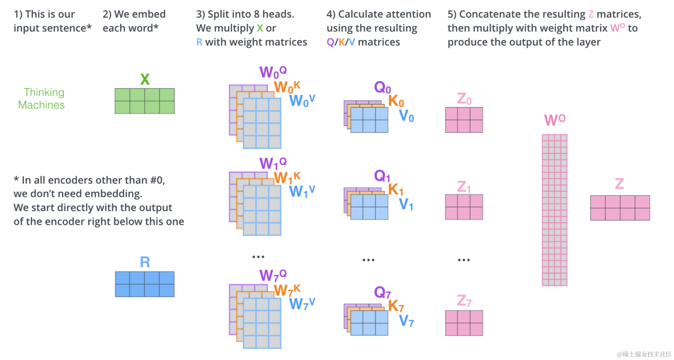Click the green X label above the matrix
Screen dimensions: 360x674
click(145, 79)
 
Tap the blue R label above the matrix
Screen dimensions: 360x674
click(145, 262)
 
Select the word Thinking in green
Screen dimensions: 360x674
click(44, 92)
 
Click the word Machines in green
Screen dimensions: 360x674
click(41, 105)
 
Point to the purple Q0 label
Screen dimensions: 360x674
click(382, 87)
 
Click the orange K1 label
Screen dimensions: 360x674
click(395, 189)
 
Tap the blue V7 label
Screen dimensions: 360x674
click(406, 321)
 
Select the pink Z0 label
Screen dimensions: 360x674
click(464, 99)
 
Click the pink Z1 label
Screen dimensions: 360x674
click(464, 187)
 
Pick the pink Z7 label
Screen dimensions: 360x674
click(464, 301)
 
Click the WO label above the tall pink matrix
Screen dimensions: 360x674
click(554, 120)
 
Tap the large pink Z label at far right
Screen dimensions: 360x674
click(619, 184)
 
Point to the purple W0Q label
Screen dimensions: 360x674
click(272, 72)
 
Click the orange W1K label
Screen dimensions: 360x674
click(287, 178)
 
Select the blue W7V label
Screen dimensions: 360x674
click(302, 304)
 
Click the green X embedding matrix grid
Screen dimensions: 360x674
click(145, 101)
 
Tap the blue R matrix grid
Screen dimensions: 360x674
click(145, 284)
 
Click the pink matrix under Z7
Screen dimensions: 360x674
click(464, 323)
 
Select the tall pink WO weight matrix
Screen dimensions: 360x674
click(554, 210)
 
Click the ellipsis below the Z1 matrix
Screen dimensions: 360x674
click(463, 260)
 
